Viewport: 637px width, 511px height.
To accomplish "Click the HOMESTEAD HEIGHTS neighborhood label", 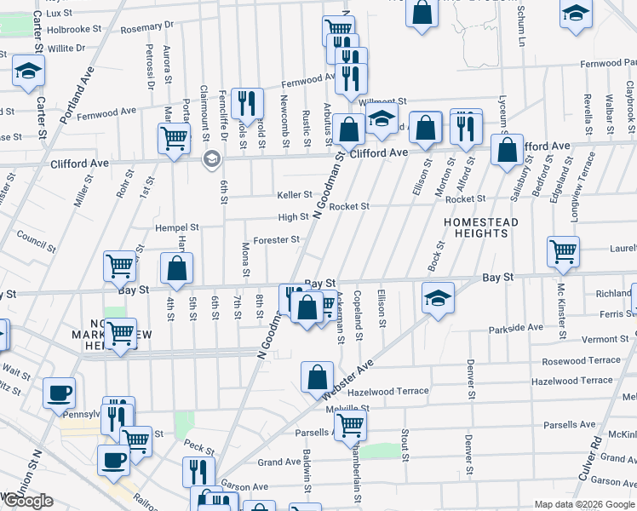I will click(481, 229).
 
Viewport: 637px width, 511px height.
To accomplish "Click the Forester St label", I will click(276, 240).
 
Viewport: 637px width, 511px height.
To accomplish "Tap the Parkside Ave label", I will click(515, 327).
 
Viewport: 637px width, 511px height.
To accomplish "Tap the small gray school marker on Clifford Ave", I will click(210, 159).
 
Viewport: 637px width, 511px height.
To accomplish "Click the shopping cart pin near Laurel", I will click(563, 251).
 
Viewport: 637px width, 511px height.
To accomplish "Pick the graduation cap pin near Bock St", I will click(438, 299).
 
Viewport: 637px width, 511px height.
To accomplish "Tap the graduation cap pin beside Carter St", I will click(28, 70).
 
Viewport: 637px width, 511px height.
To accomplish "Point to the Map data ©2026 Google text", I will click(584, 504).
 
